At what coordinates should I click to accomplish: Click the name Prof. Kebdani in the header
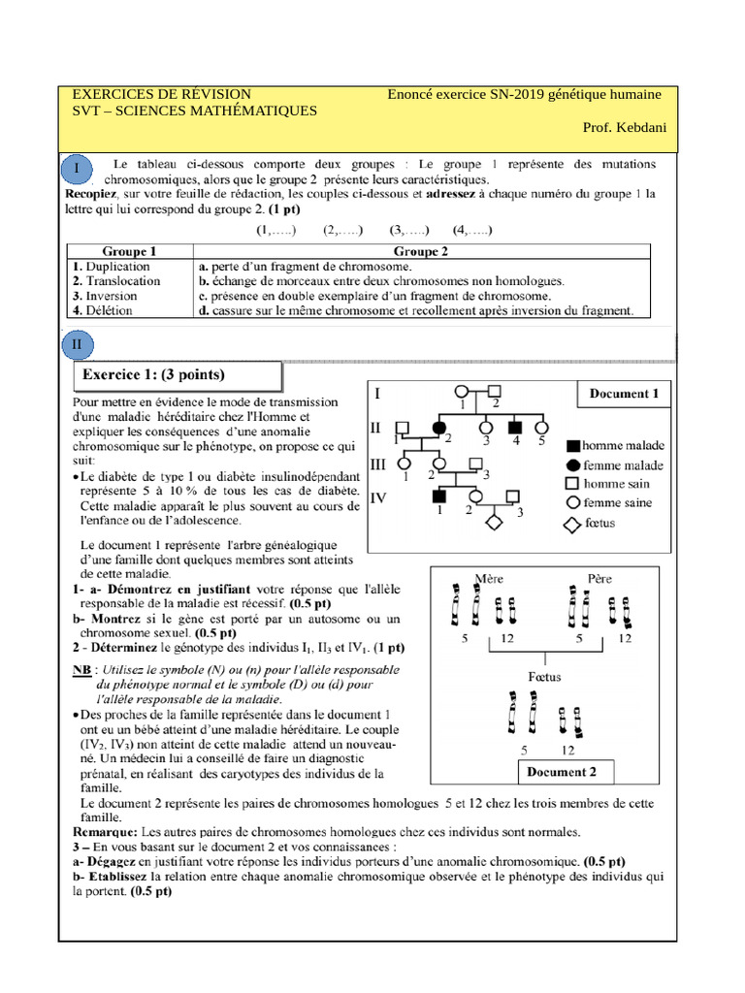click(624, 128)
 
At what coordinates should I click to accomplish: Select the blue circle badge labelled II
click(78, 344)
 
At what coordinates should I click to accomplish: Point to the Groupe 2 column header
click(420, 251)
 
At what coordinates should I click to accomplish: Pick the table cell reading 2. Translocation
click(117, 281)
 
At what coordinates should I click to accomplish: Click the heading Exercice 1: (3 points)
click(153, 375)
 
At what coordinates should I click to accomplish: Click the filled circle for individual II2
click(438, 428)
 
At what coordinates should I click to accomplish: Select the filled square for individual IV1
click(438, 496)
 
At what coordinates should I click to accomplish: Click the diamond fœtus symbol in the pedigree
click(493, 522)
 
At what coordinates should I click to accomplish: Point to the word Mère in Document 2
click(490, 579)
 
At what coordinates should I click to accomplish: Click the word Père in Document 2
click(599, 579)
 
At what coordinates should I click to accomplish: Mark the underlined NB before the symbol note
click(82, 670)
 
